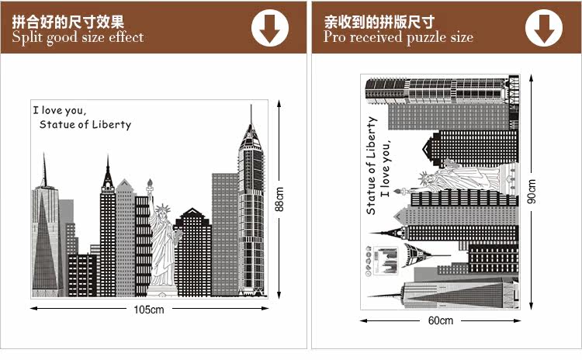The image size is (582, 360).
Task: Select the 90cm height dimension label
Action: coord(532,191)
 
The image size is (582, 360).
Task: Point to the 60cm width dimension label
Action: coord(440,320)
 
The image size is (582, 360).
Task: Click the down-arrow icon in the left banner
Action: coord(270,28)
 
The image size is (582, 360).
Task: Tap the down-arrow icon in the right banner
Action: coord(544,28)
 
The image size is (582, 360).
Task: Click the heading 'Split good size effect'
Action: coord(78,37)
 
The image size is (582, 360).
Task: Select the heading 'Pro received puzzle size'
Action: coord(398,37)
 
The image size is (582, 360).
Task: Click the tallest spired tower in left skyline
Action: coord(251,209)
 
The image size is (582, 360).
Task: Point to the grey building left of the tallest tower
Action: coord(224,233)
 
